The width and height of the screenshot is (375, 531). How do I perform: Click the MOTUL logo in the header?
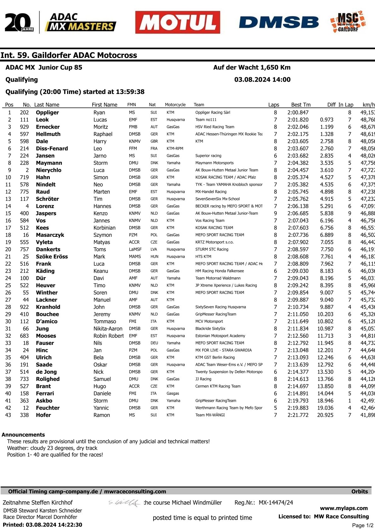click(177, 22)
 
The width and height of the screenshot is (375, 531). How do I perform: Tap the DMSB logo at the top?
click(279, 22)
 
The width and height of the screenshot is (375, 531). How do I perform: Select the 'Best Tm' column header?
click(301, 105)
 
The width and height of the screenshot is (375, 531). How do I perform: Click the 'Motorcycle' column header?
click(175, 105)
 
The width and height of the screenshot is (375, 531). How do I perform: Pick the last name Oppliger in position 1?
click(47, 113)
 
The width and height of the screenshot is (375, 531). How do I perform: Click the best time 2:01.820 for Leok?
click(298, 120)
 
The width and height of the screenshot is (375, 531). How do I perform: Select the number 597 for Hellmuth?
click(24, 134)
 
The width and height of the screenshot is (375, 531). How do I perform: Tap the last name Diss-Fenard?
click(52, 149)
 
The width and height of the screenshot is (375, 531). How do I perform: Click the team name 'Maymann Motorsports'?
click(214, 163)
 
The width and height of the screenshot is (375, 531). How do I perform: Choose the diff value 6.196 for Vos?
click(326, 221)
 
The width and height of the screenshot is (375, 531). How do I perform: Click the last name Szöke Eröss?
click(52, 257)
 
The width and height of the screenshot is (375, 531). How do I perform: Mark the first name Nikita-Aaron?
click(108, 329)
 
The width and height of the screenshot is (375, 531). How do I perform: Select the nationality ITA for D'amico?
click(153, 322)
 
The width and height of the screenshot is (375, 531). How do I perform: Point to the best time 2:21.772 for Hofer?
click(298, 415)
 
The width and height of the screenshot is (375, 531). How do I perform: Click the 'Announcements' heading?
click(23, 435)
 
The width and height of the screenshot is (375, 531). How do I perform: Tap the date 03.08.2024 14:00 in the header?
click(262, 80)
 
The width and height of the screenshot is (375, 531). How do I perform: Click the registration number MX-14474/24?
click(276, 503)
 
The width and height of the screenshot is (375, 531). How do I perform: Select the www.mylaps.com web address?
click(344, 508)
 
